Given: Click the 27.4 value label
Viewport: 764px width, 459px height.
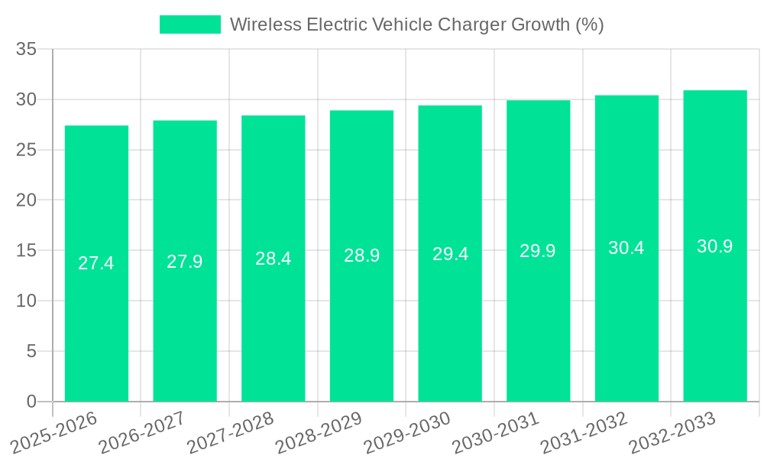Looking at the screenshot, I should coord(96,263).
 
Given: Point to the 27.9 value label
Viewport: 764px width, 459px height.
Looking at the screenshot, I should coord(185,261).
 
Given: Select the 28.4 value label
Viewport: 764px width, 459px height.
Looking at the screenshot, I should coord(274,259).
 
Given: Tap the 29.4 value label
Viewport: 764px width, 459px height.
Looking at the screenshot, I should coord(450,254).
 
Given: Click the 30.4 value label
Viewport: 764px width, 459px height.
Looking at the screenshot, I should coord(626,248).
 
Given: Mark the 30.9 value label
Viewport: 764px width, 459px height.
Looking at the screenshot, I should coord(715,246).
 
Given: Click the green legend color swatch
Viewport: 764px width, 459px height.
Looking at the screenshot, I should coord(189,24).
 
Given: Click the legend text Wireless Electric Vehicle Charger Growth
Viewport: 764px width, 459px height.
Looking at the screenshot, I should coord(416,24).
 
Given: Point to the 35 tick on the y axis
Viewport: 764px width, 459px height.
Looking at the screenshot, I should coord(27,50).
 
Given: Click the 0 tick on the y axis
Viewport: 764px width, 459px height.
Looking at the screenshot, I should coord(31,402).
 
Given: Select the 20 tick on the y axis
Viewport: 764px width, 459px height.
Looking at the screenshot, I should coord(27,200).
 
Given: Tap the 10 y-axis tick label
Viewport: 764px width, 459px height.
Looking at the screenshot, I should coord(27,301).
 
